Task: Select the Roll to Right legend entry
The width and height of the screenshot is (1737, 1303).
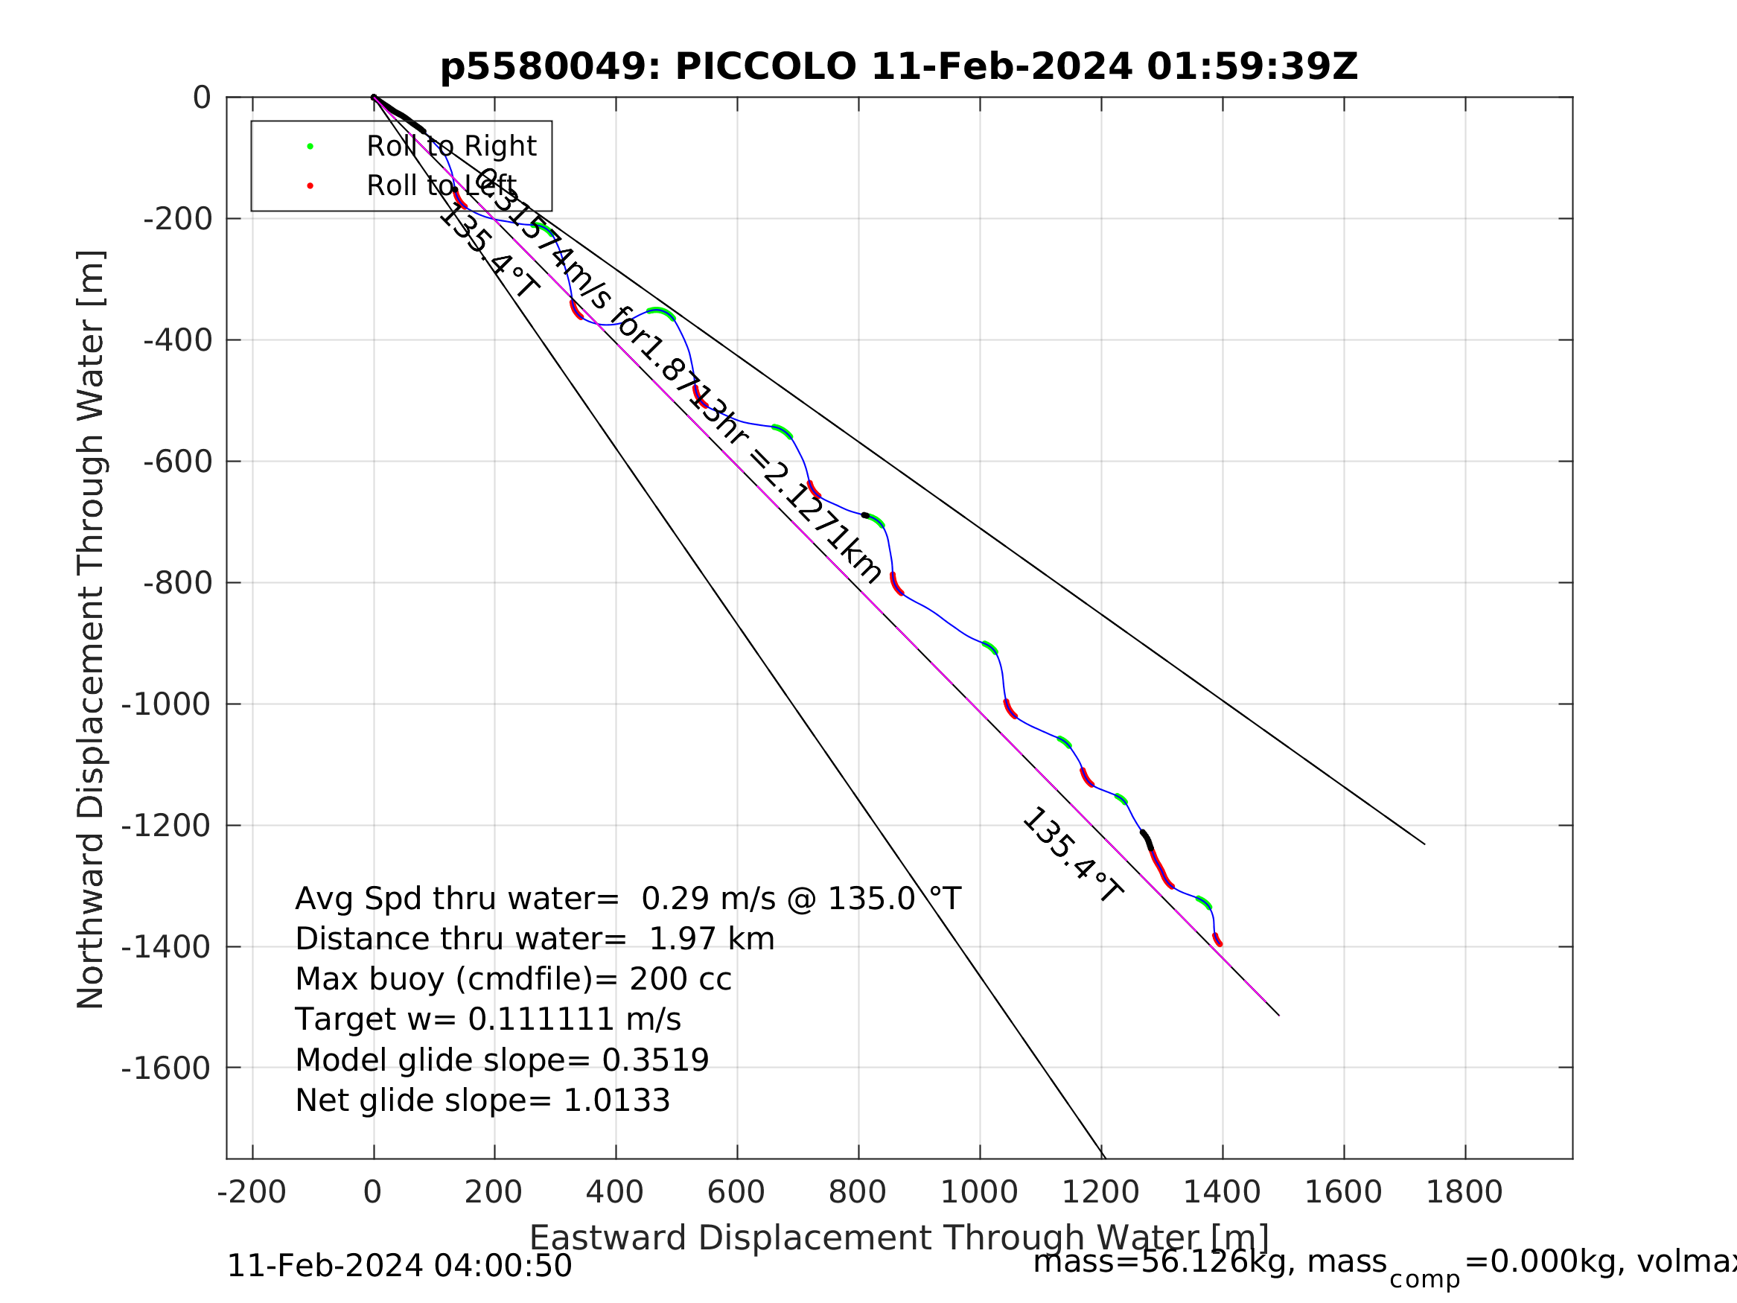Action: pos(450,147)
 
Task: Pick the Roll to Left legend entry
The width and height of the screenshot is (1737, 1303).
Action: pos(442,186)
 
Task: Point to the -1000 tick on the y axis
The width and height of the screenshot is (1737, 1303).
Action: pos(166,705)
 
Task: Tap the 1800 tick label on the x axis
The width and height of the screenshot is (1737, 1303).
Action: pos(1464,1192)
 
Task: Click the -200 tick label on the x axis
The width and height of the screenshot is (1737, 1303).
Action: pos(252,1192)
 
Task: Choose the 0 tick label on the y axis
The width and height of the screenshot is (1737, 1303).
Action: pos(202,99)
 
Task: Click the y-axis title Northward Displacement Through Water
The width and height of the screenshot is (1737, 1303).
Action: pos(91,629)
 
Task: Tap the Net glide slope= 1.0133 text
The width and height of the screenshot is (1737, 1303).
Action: pos(482,1100)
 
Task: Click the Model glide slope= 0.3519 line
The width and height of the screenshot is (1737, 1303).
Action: pos(502,1060)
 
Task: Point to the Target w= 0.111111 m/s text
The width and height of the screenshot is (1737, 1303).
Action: pos(488,1019)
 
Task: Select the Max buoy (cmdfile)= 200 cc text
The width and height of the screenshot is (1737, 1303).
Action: pos(513,979)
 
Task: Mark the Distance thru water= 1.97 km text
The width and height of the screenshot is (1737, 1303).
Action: pos(535,940)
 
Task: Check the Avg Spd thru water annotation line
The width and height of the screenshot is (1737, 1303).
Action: pos(628,899)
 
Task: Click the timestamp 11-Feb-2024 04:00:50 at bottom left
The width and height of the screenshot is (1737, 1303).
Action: pos(399,1266)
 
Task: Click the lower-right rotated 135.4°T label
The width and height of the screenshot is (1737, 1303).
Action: pos(1072,855)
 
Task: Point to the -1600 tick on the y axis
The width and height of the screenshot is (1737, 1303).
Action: pos(166,1069)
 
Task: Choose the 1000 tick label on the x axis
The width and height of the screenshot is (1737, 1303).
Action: pos(978,1192)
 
